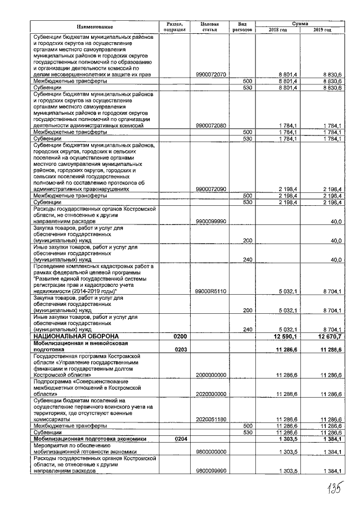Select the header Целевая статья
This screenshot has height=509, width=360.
coord(209,26)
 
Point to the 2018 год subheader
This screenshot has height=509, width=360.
coord(277,30)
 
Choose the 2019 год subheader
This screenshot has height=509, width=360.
coord(322,30)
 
